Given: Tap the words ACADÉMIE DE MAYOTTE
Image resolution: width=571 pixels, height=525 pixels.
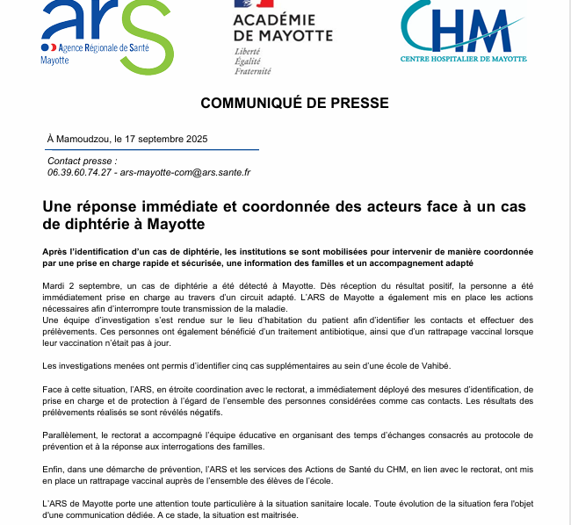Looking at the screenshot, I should [283, 27].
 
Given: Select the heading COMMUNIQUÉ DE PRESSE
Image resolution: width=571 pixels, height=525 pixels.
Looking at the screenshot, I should [294, 103].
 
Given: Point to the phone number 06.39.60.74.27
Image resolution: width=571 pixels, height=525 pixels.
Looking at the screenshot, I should [80, 173].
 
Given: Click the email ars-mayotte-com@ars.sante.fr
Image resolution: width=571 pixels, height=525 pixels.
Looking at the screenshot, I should [185, 173].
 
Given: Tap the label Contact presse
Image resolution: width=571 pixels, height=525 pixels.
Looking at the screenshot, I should [82, 162].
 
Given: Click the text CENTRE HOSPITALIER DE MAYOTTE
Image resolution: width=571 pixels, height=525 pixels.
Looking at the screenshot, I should [464, 59].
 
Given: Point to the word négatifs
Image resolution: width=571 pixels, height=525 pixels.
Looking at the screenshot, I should [206, 413].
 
